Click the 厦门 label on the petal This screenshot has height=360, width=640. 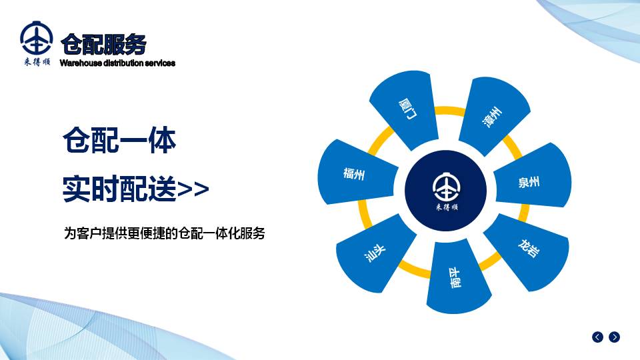[407, 109]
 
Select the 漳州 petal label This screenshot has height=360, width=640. [492, 117]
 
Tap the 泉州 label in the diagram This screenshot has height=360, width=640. [529, 182]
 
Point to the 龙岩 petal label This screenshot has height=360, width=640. [529, 248]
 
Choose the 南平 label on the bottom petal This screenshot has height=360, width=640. [455, 278]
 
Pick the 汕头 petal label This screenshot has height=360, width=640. [375, 253]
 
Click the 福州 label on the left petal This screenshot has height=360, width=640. [354, 174]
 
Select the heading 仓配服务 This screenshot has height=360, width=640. [103, 44]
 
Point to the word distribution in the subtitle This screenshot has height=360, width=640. [123, 63]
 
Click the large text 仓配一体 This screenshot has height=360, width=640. [119, 140]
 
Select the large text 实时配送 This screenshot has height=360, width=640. [119, 188]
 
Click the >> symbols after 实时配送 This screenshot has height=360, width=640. [193, 189]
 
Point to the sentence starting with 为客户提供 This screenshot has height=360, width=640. [165, 233]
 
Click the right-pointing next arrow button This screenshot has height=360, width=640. [614, 337]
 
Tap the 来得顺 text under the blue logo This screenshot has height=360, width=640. [37, 61]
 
